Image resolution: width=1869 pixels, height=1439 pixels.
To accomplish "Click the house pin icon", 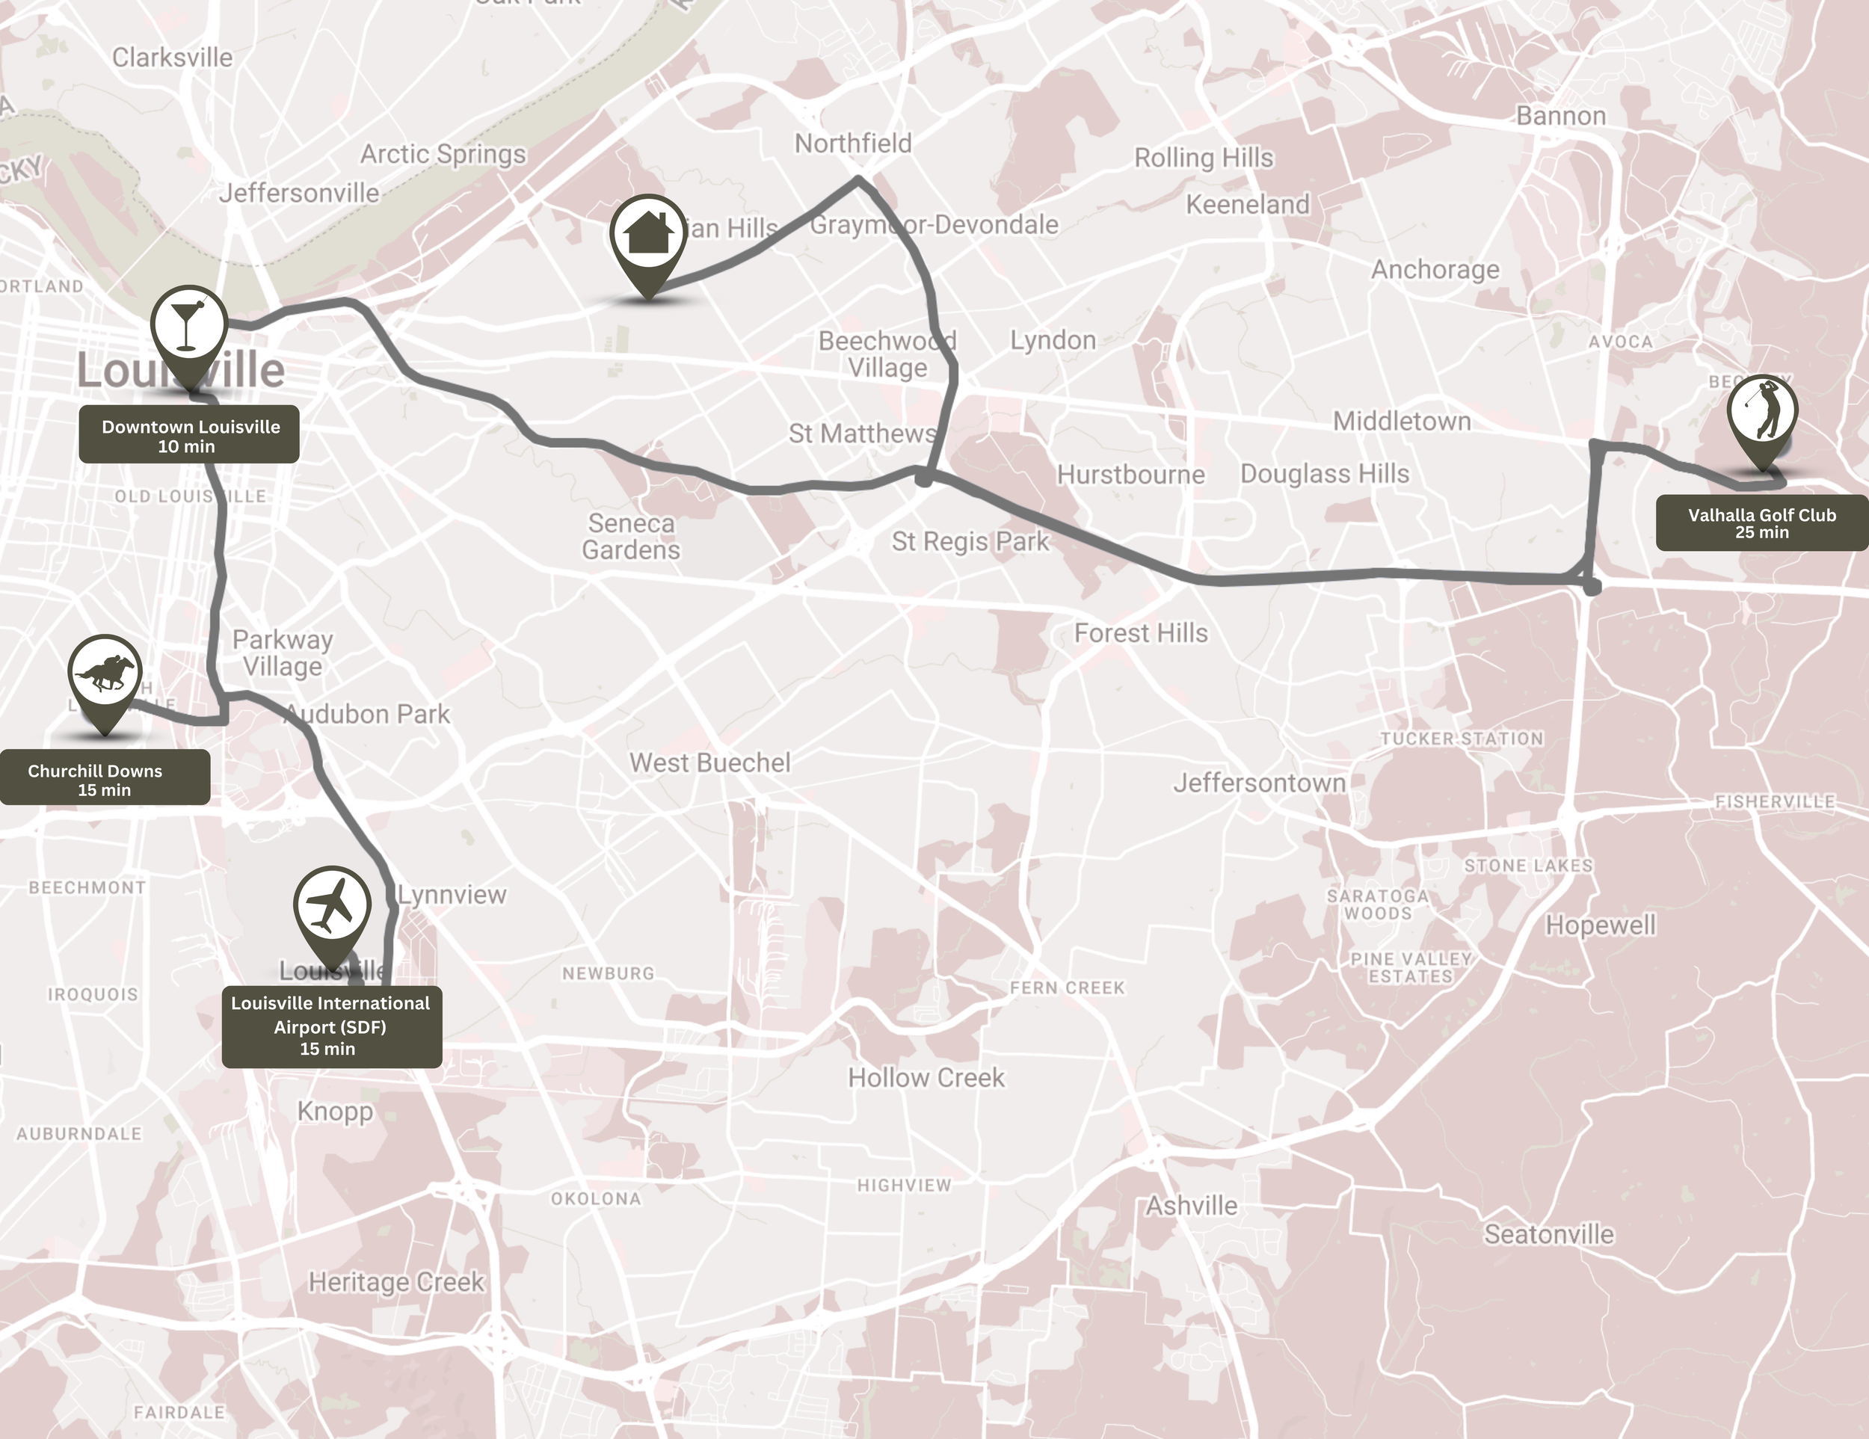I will pyautogui.click(x=648, y=235).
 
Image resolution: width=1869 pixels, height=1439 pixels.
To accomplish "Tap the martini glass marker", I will pyautogui.click(x=188, y=324).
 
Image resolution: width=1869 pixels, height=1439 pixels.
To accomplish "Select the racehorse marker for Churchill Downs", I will pyautogui.click(x=105, y=674).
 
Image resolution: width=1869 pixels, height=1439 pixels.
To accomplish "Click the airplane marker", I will pyautogui.click(x=332, y=906).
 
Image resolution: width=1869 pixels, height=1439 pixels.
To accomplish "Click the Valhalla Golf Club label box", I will pyautogui.click(x=1761, y=523).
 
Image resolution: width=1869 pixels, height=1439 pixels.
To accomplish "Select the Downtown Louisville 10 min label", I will pyautogui.click(x=189, y=434).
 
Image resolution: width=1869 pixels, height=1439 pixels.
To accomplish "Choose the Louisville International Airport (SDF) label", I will pyautogui.click(x=331, y=1025).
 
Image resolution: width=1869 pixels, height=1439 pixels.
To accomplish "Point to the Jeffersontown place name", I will pyautogui.click(x=1259, y=783).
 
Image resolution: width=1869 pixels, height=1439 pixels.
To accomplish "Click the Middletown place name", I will pyautogui.click(x=1402, y=421).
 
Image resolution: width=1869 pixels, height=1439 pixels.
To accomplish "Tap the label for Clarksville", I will pyautogui.click(x=172, y=58).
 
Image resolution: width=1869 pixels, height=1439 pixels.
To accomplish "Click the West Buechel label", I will pyautogui.click(x=709, y=762).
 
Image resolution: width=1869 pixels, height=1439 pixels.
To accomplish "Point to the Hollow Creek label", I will pyautogui.click(x=926, y=1077).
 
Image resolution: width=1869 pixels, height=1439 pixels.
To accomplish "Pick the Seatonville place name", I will pyautogui.click(x=1549, y=1234).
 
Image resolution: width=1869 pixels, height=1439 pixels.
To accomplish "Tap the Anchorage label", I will pyautogui.click(x=1435, y=270).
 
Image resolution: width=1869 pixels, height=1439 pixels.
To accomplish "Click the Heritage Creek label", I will pyautogui.click(x=396, y=1281).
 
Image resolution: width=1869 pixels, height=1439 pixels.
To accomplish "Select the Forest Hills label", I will pyautogui.click(x=1141, y=633).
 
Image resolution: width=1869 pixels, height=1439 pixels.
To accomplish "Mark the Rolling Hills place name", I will pyautogui.click(x=1203, y=158).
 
